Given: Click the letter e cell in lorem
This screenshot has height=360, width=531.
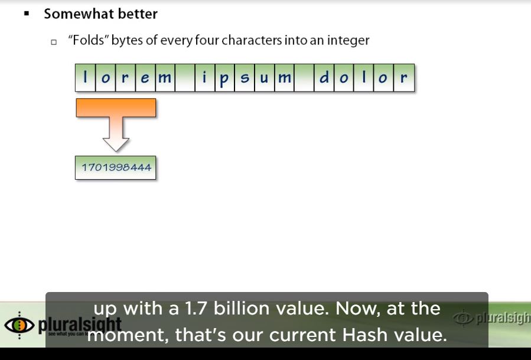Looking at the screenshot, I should click(145, 78).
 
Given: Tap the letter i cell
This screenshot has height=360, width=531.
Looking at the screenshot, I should click(205, 78).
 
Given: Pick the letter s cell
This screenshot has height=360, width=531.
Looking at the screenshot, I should click(245, 78).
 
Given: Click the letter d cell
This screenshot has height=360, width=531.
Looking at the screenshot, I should click(324, 78).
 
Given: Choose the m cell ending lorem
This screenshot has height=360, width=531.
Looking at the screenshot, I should click(165, 78).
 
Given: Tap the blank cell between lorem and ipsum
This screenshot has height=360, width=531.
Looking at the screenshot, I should click(185, 78).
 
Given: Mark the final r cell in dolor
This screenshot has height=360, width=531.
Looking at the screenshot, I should click(404, 78).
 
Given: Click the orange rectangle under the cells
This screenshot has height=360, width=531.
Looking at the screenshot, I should click(116, 108).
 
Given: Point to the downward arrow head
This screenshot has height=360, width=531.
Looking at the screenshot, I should click(116, 144).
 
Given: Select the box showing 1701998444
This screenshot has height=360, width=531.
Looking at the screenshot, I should click(116, 168).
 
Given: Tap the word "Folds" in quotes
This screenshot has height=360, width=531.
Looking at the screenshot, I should click(88, 41).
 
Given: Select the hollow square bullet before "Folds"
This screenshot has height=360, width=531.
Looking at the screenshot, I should click(54, 42).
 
